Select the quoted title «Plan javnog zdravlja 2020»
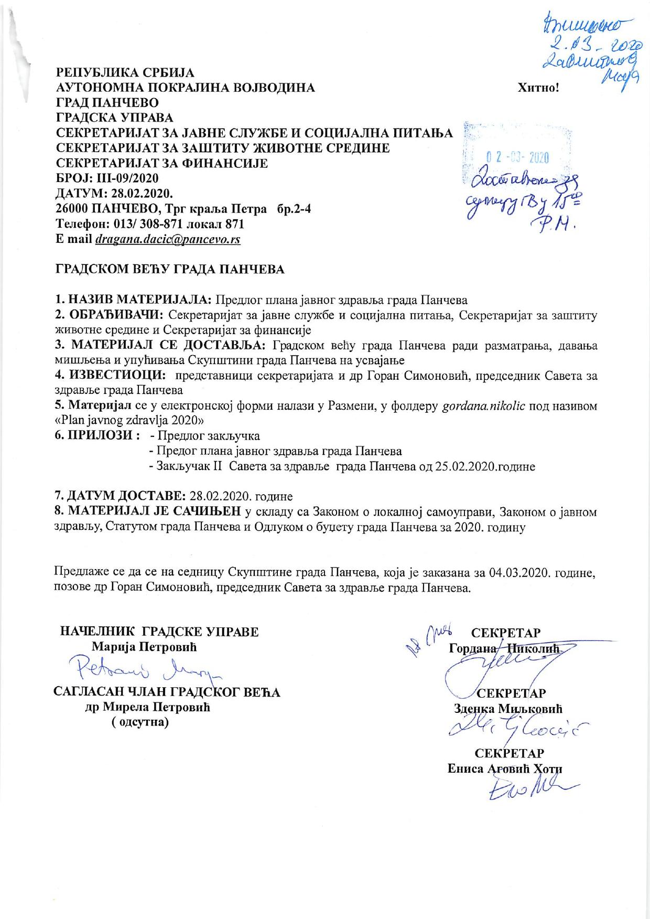[129, 421]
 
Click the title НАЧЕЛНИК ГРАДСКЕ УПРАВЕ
[160, 632]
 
